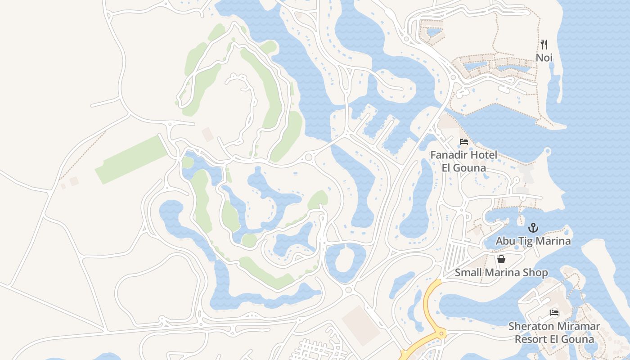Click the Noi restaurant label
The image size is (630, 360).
[x=544, y=58]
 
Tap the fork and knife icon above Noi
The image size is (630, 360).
[x=544, y=44]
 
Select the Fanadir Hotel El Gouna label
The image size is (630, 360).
[x=464, y=161]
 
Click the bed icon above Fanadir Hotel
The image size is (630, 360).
[x=464, y=142]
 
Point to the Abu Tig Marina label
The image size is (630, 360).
[x=533, y=241]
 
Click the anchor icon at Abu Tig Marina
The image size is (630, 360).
[x=533, y=227]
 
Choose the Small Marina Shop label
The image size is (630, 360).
[x=501, y=273]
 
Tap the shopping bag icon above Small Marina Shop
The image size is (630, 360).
[x=501, y=259]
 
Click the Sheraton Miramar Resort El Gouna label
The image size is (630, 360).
[x=554, y=333]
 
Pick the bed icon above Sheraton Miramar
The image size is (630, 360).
[x=554, y=313]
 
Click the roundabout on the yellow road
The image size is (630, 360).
[x=441, y=333]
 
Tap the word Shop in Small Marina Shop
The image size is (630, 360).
[x=535, y=273]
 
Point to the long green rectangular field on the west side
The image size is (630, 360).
[x=131, y=160]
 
